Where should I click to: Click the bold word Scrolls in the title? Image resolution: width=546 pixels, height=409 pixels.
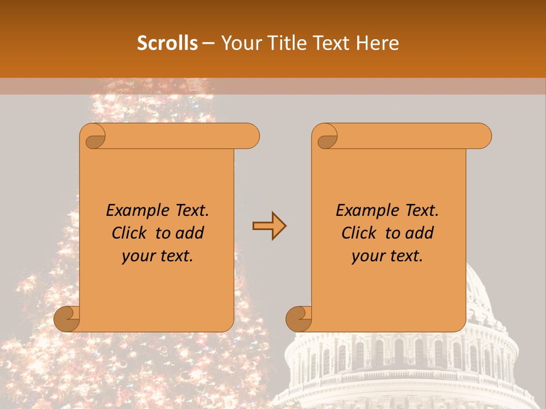[x=167, y=43]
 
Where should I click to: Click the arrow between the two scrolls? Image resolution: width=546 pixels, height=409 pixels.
[x=269, y=226]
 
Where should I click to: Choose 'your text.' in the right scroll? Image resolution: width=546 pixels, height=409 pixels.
[x=387, y=256]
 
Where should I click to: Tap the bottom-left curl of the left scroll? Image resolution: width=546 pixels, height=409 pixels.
[x=67, y=319]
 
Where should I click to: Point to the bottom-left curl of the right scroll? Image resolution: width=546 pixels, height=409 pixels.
[x=299, y=319]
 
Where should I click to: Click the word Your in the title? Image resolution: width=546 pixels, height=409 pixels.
[x=237, y=43]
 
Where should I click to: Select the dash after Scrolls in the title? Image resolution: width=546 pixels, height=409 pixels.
[x=208, y=43]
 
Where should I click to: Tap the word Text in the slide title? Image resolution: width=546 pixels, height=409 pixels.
[x=330, y=43]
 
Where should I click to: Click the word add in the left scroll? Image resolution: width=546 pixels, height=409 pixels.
[x=189, y=233]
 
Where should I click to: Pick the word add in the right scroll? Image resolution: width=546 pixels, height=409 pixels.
[x=419, y=233]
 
